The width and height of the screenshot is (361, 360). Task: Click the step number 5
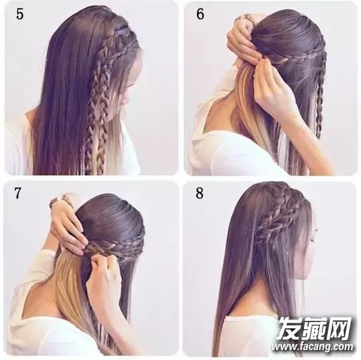tap(20, 15)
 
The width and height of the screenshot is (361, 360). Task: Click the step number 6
tap(200, 15)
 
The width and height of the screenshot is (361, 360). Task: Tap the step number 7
tap(18, 193)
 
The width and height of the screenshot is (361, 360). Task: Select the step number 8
tap(200, 193)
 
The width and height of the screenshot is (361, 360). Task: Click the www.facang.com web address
tap(313, 347)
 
